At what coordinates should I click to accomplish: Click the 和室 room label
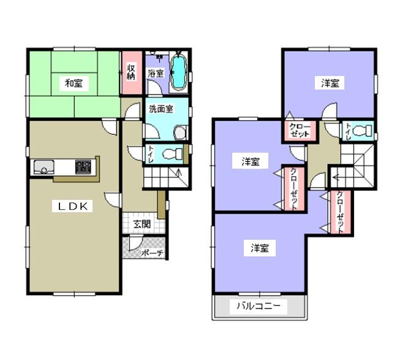point(74,83)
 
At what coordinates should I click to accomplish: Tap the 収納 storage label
point(131,72)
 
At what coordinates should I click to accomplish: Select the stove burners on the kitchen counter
point(83,166)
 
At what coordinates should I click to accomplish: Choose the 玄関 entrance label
point(142,224)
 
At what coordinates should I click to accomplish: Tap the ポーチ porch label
point(151,252)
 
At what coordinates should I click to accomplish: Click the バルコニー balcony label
point(258,307)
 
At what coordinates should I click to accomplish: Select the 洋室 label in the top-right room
point(330,83)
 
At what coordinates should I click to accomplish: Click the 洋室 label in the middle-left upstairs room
point(250,162)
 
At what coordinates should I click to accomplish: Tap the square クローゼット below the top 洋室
point(300,131)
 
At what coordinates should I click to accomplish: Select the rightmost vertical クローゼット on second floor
point(340,212)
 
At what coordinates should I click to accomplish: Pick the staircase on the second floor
point(357,167)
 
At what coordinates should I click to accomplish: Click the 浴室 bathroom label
point(156,73)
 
